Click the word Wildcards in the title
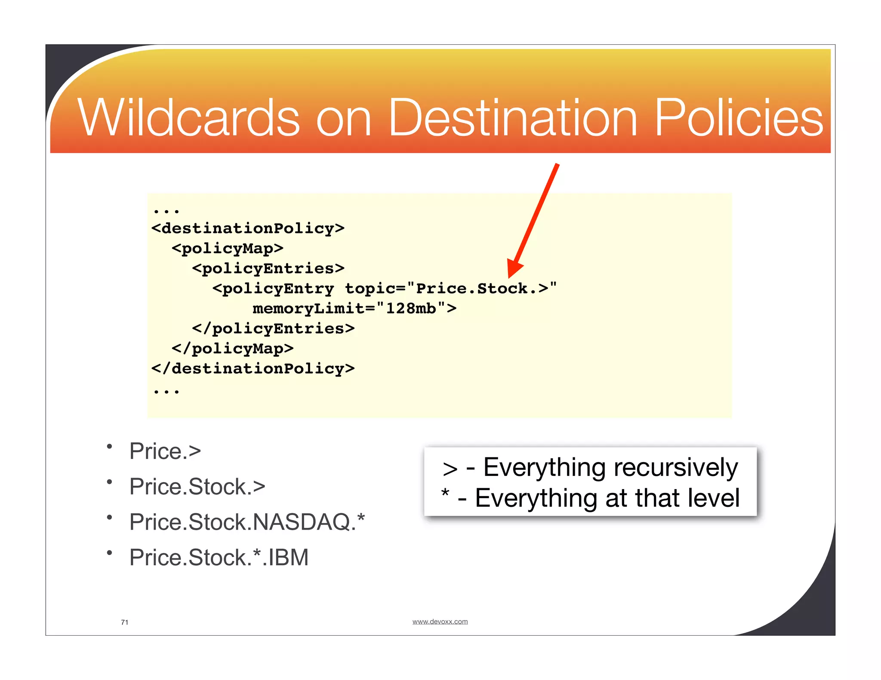(188, 118)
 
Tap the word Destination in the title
(512, 118)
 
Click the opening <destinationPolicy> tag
(248, 228)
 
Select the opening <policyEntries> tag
(268, 269)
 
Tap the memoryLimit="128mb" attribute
(354, 309)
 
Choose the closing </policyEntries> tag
(274, 329)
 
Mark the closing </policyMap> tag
(233, 349)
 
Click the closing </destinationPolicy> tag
(253, 369)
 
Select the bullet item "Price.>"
(165, 451)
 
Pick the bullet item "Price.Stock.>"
(197, 487)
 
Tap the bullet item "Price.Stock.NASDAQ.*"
(247, 522)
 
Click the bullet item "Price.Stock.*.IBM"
(219, 557)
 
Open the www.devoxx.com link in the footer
(440, 622)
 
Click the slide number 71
(125, 622)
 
